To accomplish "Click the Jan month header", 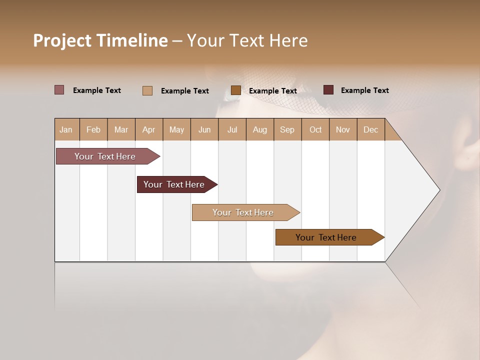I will [66, 130].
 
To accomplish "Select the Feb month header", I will [93, 130].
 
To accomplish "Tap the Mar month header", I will [121, 130].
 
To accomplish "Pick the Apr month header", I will [149, 130].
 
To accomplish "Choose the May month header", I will [176, 130].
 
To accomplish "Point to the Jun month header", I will [204, 130].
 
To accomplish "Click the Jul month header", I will [232, 130].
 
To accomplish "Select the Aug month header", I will [260, 130].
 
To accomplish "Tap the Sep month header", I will [287, 130].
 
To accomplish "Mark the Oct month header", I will [315, 130].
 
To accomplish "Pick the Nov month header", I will [343, 130].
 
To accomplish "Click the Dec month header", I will [370, 130].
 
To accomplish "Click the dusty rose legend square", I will [59, 90].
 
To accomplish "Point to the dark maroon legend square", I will [328, 90].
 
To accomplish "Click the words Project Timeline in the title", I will [100, 40].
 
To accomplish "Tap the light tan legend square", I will [147, 90].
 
